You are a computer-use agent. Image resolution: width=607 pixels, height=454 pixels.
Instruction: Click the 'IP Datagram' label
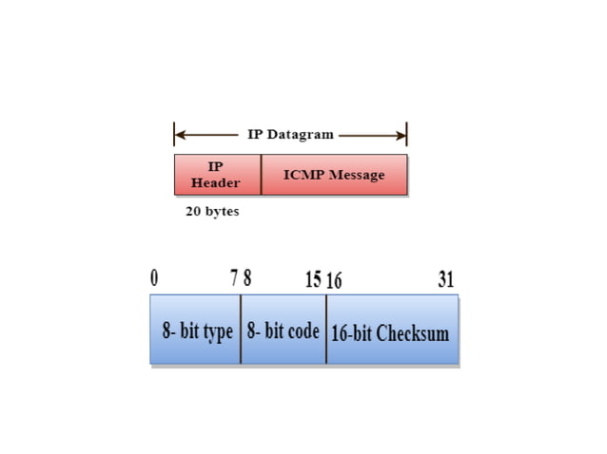click(290, 134)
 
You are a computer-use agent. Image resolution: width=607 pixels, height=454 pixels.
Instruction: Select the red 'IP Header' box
click(217, 175)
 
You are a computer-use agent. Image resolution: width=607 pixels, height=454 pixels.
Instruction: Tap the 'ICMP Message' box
click(334, 175)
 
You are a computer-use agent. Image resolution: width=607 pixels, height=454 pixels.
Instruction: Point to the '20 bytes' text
click(212, 212)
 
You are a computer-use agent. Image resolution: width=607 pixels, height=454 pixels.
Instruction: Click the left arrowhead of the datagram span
click(178, 134)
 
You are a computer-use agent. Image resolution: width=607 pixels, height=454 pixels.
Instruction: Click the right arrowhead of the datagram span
click(402, 134)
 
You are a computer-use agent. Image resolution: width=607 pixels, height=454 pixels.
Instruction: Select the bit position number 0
click(154, 279)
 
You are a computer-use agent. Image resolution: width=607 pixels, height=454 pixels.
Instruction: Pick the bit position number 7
click(234, 279)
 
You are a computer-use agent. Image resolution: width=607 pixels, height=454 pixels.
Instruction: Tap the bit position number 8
click(247, 279)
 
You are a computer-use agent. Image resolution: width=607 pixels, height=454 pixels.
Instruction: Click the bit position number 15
click(313, 279)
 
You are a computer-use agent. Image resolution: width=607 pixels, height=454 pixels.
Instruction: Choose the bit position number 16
click(334, 280)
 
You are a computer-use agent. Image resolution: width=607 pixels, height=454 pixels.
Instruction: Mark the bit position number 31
click(445, 279)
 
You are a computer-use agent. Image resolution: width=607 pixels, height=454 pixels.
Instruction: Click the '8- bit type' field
click(196, 331)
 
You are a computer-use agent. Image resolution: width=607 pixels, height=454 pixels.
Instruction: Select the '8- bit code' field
click(283, 331)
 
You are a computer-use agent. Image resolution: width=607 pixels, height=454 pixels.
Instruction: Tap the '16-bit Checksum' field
click(390, 333)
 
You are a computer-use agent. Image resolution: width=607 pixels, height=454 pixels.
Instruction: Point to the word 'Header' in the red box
click(216, 182)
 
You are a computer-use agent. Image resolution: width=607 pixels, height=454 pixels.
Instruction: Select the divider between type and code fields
click(241, 330)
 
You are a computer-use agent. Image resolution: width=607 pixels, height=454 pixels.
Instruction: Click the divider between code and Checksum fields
click(326, 330)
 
